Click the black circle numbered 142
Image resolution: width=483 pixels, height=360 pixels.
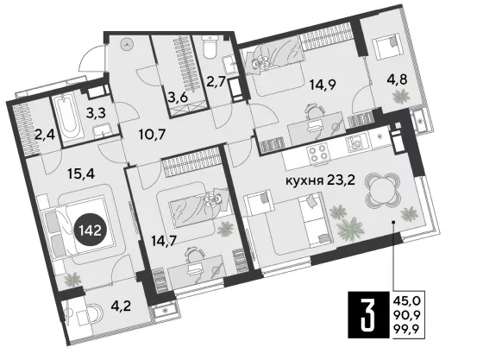91,230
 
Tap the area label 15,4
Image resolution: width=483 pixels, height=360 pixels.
81,174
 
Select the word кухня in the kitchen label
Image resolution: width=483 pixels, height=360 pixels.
304,180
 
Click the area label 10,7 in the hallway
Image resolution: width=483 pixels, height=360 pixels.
152,134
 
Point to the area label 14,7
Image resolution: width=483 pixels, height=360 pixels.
164,241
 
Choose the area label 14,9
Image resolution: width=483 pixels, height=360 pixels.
323,85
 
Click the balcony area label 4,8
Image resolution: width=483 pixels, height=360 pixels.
398,79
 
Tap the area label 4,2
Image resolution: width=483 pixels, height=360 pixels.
121,306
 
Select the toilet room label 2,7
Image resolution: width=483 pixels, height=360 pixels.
216,83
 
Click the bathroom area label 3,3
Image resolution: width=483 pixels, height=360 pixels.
96,113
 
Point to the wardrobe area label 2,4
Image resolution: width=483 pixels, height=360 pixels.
45,135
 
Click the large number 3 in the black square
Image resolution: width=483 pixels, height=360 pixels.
368,314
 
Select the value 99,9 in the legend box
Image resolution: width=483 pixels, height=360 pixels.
407,329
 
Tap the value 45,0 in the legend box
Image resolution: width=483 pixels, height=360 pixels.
407,300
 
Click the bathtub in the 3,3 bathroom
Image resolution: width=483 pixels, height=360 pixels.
68,118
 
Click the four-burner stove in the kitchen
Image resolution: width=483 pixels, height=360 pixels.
317,153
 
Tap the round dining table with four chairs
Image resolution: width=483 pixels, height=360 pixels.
382,190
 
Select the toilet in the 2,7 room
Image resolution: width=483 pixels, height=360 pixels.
210,47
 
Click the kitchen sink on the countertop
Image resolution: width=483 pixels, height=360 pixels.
357,143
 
